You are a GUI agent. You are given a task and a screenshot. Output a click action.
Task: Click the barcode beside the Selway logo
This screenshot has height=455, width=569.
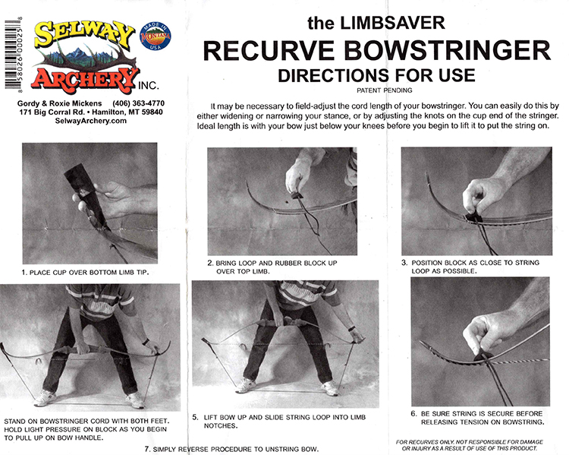11,54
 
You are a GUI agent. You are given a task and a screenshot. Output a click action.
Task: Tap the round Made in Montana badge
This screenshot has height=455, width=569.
156,36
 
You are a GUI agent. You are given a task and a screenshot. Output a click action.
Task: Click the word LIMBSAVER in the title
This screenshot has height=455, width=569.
392,23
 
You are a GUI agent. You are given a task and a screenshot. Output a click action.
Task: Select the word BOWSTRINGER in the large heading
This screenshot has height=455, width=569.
448,51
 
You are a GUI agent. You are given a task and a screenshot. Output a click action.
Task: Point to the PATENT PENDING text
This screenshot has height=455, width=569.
385,90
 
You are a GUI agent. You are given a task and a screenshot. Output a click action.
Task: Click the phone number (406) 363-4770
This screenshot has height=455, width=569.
139,103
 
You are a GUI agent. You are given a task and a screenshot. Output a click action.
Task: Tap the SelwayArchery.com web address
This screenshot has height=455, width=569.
91,121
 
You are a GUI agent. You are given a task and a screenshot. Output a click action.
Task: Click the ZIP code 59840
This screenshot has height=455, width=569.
152,112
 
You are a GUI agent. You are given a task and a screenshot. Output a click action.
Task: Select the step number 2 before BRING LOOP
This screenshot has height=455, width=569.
210,263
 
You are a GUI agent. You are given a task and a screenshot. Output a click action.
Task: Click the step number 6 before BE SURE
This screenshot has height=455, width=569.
414,413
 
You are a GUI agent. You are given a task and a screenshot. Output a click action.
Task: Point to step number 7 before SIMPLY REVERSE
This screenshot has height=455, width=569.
147,449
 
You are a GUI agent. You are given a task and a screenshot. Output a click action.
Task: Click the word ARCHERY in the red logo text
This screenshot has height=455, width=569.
85,79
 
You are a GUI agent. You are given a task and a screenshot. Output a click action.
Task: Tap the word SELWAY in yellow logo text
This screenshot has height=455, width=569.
84,33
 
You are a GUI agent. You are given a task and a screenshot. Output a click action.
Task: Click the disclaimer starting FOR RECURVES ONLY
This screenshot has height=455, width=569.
469,445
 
